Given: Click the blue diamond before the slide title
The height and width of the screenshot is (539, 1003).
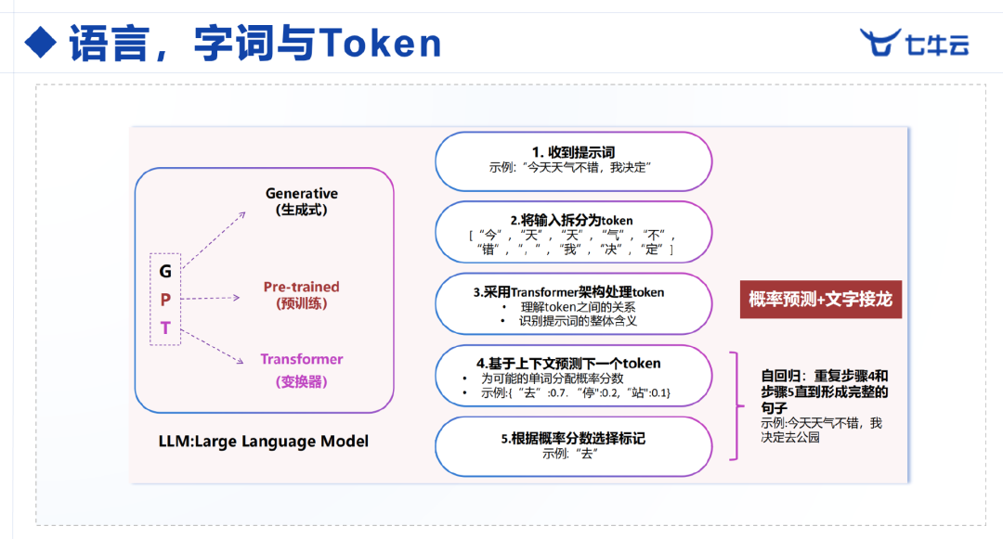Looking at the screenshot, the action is pos(41,43).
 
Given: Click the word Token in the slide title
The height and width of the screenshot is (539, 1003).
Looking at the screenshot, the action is pos(380,44).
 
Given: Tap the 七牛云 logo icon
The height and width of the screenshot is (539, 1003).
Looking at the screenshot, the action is pos(880,42).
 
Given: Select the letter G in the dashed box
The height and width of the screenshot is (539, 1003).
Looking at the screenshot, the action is pos(165,272).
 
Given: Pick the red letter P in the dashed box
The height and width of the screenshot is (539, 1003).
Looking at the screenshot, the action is pos(165,300).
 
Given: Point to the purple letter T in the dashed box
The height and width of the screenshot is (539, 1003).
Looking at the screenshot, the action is pos(165,327).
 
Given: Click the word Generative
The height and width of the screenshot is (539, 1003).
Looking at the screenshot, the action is pos(302,194).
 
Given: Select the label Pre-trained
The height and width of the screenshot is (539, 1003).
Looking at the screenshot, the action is pos(301,287).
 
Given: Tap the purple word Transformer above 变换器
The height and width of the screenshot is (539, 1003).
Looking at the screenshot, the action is pos(301,359).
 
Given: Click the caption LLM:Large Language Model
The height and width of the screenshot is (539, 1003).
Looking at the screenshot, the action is pos(264,442).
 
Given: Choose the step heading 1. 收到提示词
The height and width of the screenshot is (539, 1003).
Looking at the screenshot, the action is pos(573,152).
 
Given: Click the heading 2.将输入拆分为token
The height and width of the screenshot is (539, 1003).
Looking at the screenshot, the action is pos(571,220).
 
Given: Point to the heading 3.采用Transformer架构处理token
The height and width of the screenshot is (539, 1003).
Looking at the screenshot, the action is pos(568,292).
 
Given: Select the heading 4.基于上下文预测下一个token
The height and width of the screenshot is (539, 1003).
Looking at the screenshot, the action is pos(568,364).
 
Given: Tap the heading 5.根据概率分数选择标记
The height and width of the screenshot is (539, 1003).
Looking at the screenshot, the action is pos(573,439).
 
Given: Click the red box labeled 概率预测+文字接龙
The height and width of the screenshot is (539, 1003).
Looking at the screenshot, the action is pos(821,299).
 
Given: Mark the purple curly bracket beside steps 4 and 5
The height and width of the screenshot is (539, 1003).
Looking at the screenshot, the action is pos(736,405).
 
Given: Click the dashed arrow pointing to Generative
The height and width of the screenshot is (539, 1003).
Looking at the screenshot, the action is pos(214,238).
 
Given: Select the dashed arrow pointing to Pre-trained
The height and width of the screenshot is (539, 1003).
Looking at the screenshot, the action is pos(211,298).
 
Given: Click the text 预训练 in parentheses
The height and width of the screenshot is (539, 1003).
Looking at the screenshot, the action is pos(301,303).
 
